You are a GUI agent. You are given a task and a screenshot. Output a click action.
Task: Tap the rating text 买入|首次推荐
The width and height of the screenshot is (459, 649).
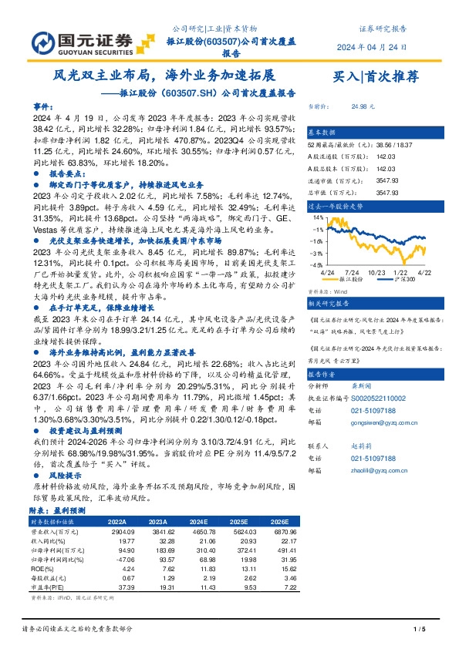pos(376,77)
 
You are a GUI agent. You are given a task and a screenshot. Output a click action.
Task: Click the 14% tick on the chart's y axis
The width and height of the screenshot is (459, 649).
pos(316,218)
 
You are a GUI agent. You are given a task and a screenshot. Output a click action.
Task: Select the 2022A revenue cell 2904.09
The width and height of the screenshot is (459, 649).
pos(112,532)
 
